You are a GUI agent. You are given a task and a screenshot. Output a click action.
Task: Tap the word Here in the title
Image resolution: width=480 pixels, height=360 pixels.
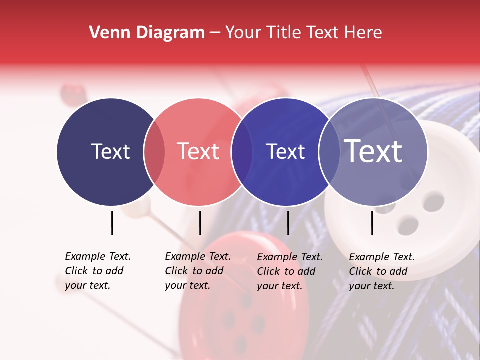pyautogui.click(x=364, y=33)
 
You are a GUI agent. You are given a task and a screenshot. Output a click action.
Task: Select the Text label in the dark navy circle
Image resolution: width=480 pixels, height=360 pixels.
pyautogui.click(x=110, y=151)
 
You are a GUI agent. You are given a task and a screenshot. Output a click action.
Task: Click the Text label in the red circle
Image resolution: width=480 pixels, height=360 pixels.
pyautogui.click(x=198, y=151)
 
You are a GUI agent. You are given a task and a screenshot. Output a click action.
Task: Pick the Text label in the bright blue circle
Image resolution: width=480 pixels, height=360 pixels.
pyautogui.click(x=285, y=151)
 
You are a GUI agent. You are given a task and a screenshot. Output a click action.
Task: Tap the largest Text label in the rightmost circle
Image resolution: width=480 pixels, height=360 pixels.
pyautogui.click(x=373, y=151)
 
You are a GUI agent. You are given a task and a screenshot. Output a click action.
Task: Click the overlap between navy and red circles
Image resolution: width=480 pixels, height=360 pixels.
pyautogui.click(x=154, y=152)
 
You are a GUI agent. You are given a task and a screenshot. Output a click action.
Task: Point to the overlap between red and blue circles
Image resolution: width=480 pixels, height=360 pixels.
pyautogui.click(x=242, y=152)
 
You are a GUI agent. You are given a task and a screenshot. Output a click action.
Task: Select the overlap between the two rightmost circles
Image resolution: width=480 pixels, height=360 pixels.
pyautogui.click(x=329, y=152)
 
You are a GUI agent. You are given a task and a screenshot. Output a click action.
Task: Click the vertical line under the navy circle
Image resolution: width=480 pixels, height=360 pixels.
pyautogui.click(x=112, y=223)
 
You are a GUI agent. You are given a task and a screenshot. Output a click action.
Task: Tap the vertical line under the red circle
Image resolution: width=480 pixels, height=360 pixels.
pyautogui.click(x=200, y=223)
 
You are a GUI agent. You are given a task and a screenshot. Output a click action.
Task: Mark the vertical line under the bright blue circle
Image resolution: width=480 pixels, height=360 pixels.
pyautogui.click(x=288, y=223)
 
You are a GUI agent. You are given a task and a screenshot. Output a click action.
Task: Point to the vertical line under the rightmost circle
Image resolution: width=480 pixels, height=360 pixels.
pyautogui.click(x=372, y=223)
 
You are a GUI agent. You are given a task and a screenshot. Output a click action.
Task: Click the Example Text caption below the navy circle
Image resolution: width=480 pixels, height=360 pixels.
pyautogui.click(x=97, y=271)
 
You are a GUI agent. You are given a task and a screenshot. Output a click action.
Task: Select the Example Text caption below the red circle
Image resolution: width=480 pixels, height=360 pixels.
pyautogui.click(x=197, y=271)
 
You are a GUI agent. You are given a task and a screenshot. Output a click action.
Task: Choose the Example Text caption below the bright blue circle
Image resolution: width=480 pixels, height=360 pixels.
pyautogui.click(x=289, y=271)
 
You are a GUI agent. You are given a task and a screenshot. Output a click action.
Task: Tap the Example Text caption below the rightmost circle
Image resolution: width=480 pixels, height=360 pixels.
pyautogui.click(x=381, y=271)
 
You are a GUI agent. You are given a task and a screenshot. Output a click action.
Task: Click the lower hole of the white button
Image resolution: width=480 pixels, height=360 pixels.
pyautogui.click(x=409, y=224)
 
